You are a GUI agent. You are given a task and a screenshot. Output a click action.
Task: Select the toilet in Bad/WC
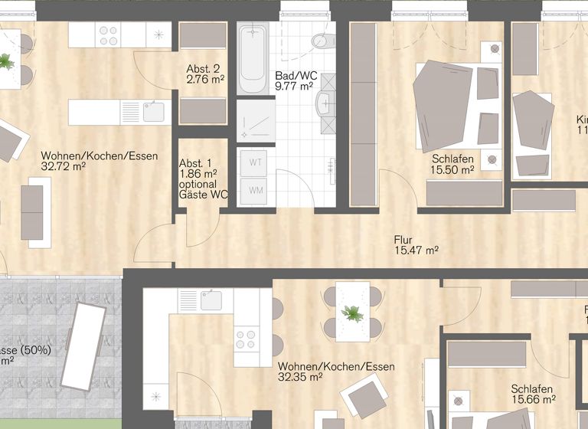point(322,40)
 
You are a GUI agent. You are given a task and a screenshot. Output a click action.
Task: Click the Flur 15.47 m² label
point(416,244)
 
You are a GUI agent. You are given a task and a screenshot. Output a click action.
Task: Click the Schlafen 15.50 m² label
point(452,165)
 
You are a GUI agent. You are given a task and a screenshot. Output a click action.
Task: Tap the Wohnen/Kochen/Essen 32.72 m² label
point(100,161)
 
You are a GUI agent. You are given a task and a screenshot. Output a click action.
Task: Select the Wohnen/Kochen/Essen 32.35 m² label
point(336,372)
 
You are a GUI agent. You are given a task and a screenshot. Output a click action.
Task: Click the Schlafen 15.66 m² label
point(533,395)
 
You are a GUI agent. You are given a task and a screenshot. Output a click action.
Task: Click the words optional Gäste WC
point(203,189)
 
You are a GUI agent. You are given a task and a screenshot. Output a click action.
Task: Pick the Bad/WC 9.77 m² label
point(296,81)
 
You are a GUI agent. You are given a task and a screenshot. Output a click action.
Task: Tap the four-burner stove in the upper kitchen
point(109,35)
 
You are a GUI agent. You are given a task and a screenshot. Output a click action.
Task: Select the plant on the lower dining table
point(353,313)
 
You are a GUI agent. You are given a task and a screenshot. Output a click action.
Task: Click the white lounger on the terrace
point(83,344)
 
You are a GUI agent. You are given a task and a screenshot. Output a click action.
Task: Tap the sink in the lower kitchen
point(208,300)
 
